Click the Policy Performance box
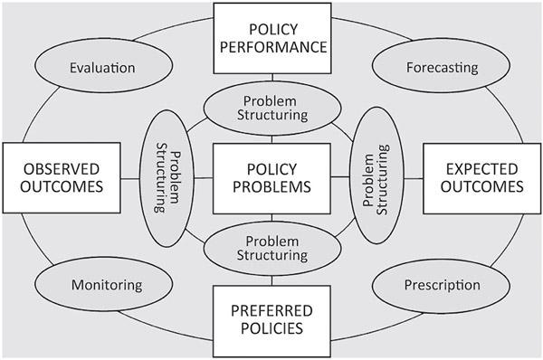[x=271, y=38]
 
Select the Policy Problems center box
[x=271, y=178]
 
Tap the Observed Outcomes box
[x=62, y=178]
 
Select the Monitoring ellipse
[x=107, y=285]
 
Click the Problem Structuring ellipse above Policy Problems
[x=271, y=108]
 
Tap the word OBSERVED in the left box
[x=62, y=168]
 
